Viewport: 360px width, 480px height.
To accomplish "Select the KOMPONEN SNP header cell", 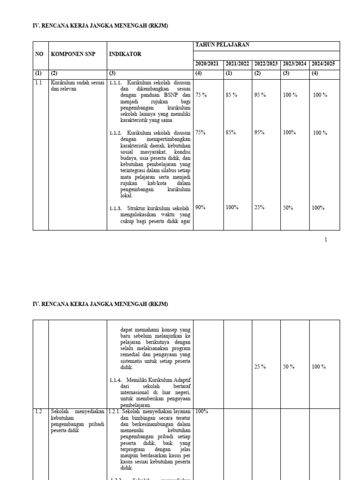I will coord(73,54).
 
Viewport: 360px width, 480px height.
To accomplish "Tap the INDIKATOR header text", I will coord(125,54).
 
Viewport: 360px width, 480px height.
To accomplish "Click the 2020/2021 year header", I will coord(207,64).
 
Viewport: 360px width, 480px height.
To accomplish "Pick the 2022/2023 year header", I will coord(266,64).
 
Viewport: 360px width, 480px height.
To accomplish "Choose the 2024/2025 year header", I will coord(323,64).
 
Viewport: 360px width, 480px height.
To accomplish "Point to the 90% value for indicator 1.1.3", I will coord(201,207).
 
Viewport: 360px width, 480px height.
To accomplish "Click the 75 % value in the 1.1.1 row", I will coord(201,95).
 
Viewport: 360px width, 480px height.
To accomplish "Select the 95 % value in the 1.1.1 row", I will coord(260,95).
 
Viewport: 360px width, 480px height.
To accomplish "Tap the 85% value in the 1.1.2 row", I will coord(231,132).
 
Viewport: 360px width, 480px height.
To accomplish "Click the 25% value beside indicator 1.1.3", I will coord(259,207).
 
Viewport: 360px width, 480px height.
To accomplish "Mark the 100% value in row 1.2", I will coord(202,411).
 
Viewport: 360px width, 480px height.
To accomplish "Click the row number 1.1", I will coord(38,82).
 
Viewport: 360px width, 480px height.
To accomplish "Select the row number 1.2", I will coord(38,411).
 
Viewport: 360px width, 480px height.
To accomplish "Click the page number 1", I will coord(326,240).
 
